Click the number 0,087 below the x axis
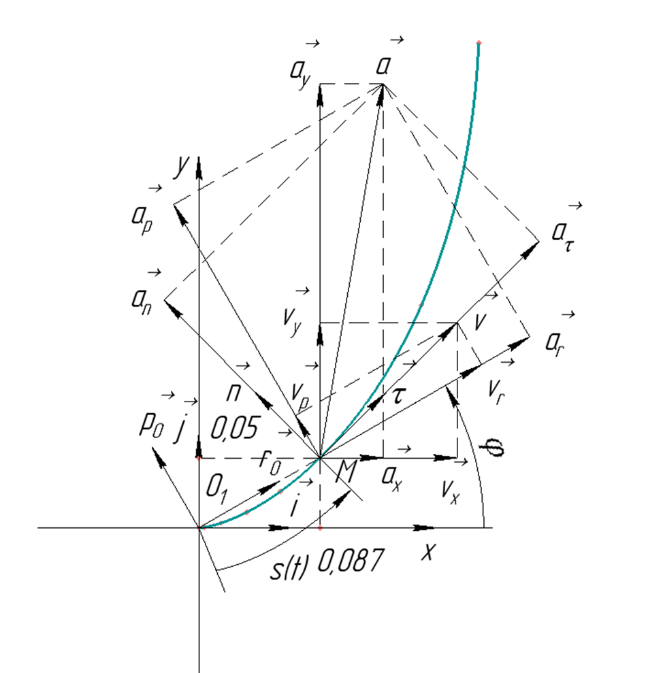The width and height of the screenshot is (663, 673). click(350, 560)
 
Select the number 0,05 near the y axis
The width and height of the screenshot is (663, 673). click(234, 427)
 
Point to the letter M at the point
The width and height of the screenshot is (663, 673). click(346, 472)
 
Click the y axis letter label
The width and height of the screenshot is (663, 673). click(182, 165)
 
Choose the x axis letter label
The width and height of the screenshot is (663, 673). click(429, 552)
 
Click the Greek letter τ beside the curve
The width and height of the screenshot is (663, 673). click(398, 395)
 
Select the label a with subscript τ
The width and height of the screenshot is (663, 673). click(563, 236)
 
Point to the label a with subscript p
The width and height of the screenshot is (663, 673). click(142, 220)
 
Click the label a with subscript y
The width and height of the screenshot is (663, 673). click(300, 73)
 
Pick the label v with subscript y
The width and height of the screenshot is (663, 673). click(293, 322)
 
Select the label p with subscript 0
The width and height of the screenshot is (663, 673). click(151, 425)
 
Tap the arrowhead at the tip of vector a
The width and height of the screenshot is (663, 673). click(381, 95)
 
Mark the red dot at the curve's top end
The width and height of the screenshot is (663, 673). click(479, 42)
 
